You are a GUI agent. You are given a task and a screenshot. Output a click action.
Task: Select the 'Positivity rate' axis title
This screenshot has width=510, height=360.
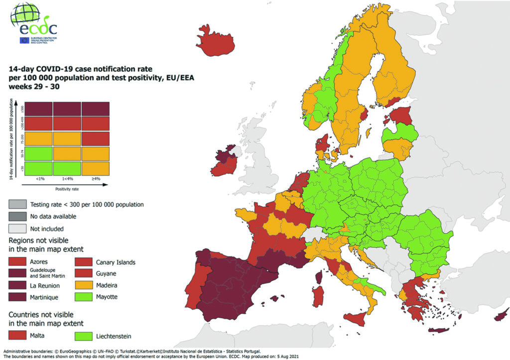(x=67, y=189)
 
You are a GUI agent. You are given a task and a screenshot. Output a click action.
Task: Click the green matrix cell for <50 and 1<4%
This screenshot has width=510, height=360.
(x=67, y=168)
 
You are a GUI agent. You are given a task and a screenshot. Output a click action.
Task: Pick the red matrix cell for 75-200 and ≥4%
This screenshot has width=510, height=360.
(x=95, y=138)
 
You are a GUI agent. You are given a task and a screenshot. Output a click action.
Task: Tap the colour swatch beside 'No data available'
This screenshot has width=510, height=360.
(x=17, y=216)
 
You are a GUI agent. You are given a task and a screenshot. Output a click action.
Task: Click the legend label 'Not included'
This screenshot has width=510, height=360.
(x=47, y=229)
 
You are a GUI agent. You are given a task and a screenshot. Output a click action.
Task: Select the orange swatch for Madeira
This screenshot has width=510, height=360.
(x=83, y=286)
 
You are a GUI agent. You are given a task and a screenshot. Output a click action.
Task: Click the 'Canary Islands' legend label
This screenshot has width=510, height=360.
(x=115, y=262)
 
